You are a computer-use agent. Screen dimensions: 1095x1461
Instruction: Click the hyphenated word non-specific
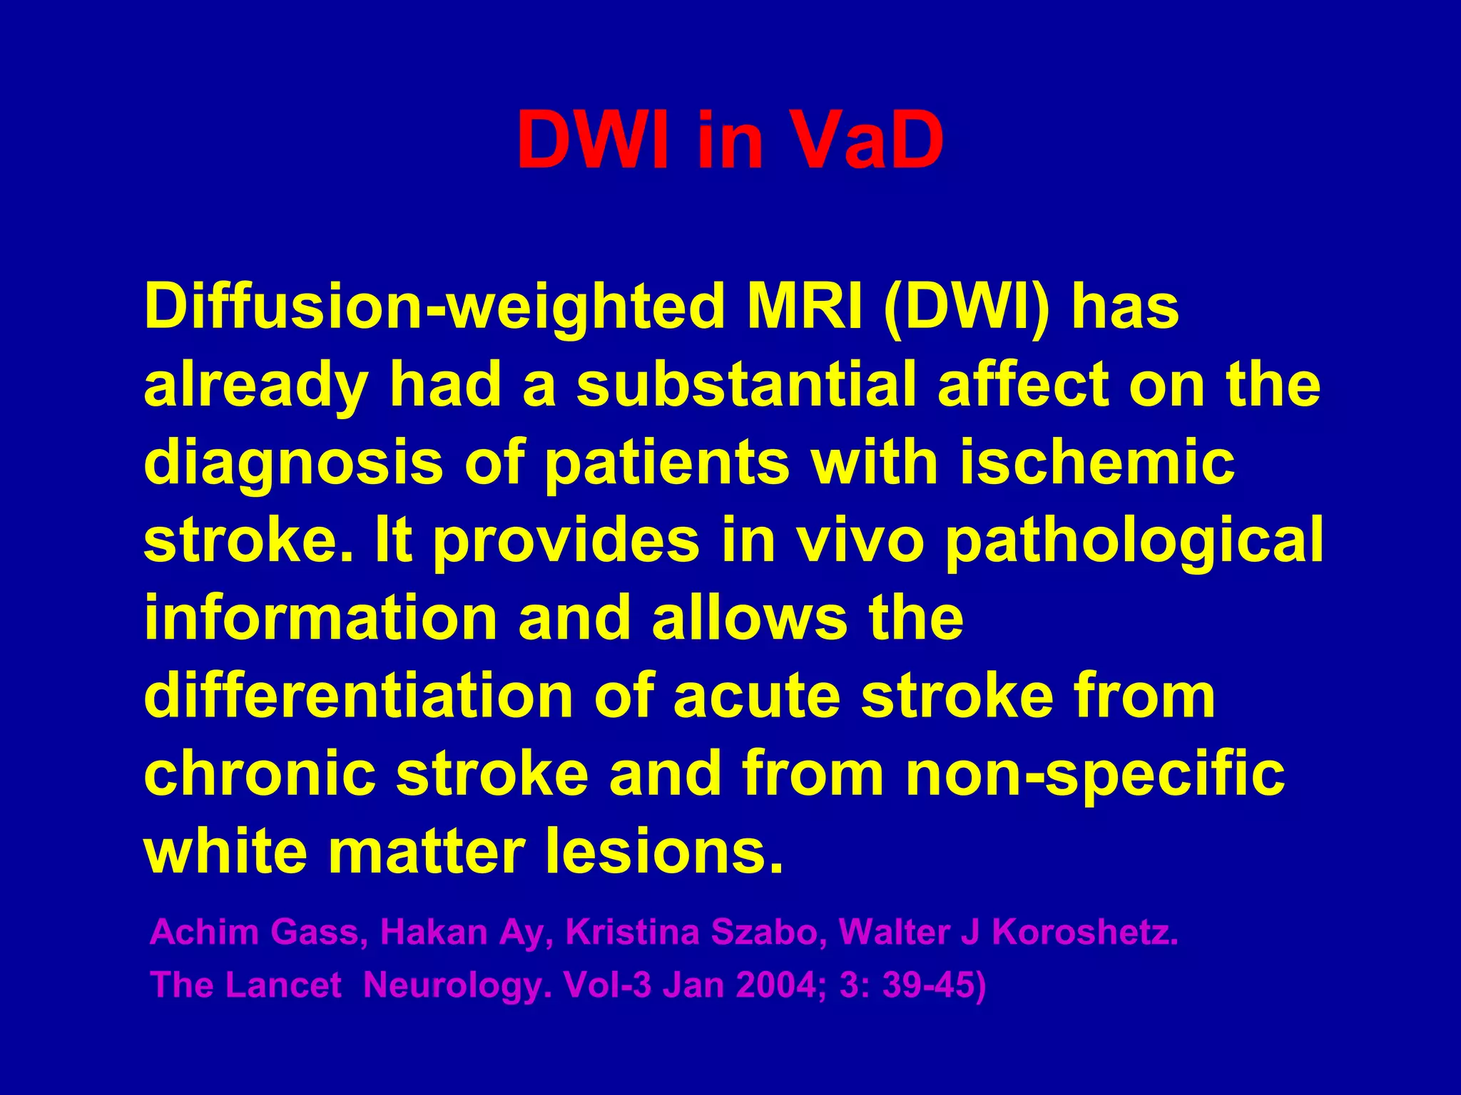tap(1094, 775)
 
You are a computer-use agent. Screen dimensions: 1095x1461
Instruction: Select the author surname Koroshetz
tap(1084, 932)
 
